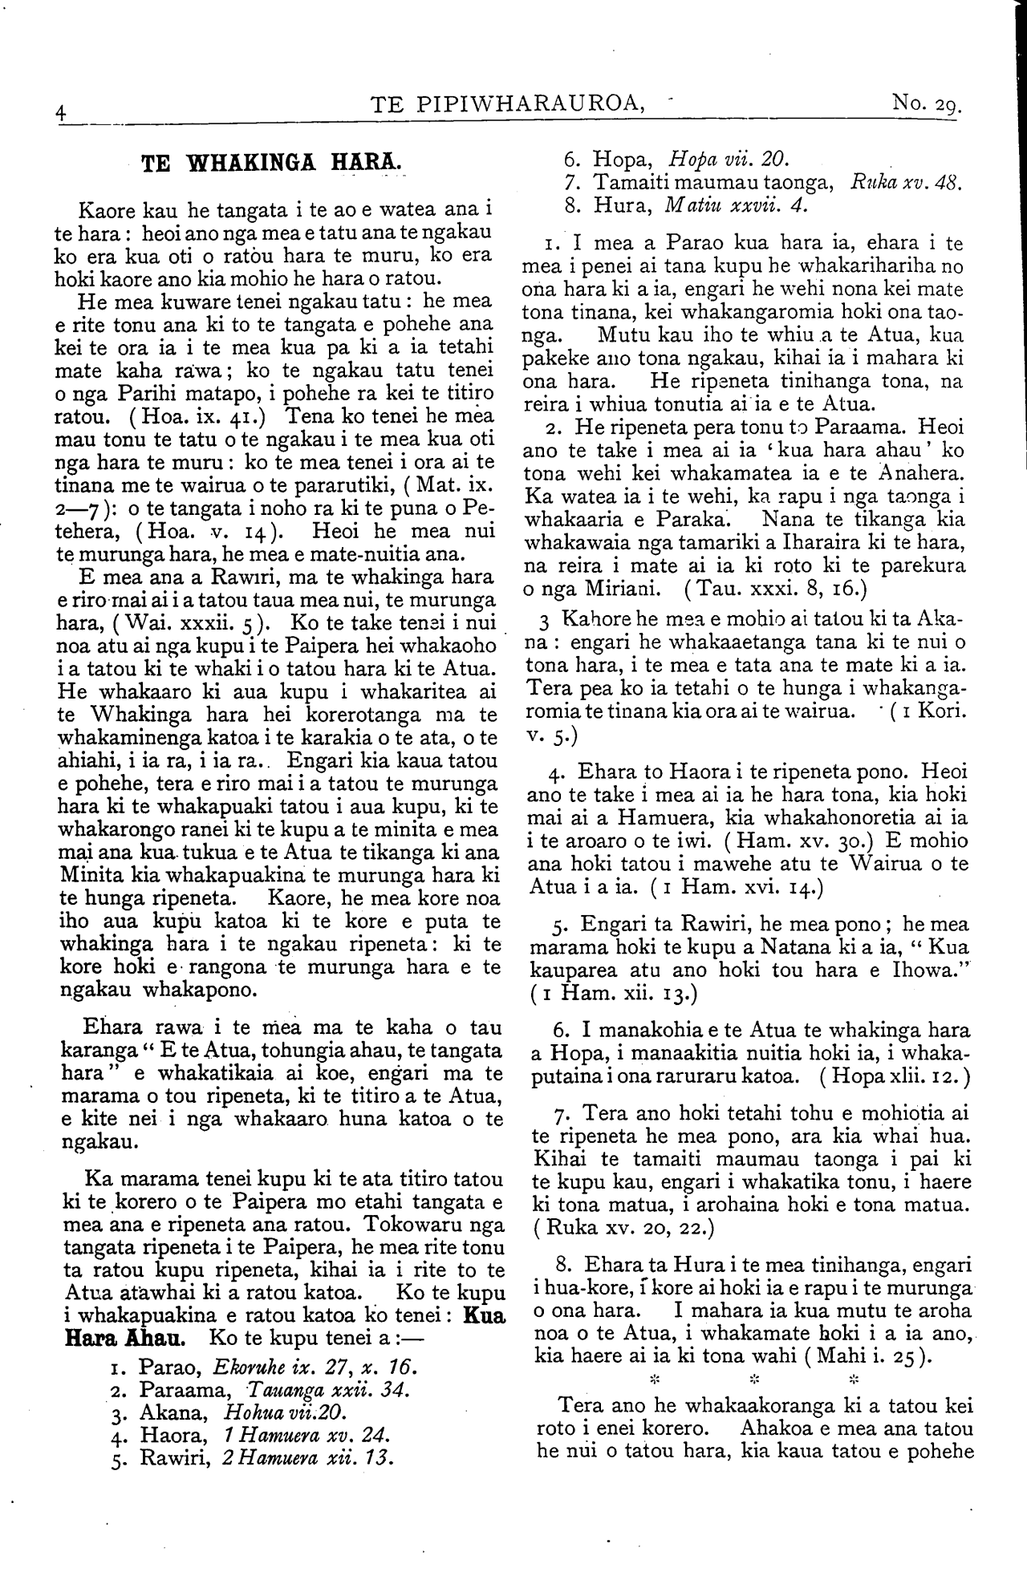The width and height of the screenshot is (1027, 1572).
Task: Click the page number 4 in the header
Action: pyautogui.click(x=61, y=113)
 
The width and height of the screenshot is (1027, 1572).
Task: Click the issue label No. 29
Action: pyautogui.click(x=926, y=104)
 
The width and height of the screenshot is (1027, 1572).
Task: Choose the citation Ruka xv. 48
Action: pyautogui.click(x=907, y=181)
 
